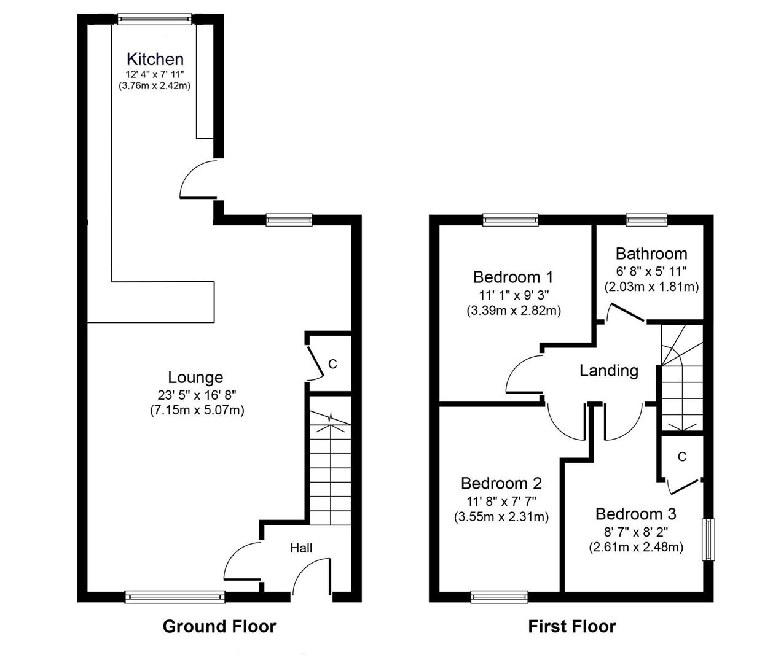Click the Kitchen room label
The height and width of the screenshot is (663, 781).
[155, 60]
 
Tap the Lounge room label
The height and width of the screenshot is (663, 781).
[195, 378]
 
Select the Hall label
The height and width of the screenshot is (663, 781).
[301, 548]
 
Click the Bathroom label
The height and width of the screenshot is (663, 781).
[651, 254]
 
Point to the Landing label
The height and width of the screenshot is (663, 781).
[609, 371]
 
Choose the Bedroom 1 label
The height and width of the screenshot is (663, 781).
[513, 277]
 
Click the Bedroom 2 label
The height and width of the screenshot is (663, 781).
[501, 483]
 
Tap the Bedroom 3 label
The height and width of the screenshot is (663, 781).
[635, 514]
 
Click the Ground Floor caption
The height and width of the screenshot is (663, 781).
[219, 627]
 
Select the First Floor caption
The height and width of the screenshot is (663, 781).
[571, 627]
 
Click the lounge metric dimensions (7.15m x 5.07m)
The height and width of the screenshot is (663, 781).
[197, 411]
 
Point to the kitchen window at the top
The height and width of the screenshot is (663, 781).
[155, 19]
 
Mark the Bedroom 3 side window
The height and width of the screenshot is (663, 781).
[710, 540]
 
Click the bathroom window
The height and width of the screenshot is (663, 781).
[646, 219]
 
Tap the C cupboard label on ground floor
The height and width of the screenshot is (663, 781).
[332, 364]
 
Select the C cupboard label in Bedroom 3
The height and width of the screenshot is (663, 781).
[681, 457]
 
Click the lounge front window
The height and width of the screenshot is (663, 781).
[175, 595]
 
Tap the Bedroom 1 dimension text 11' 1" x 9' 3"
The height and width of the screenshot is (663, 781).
[513, 295]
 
